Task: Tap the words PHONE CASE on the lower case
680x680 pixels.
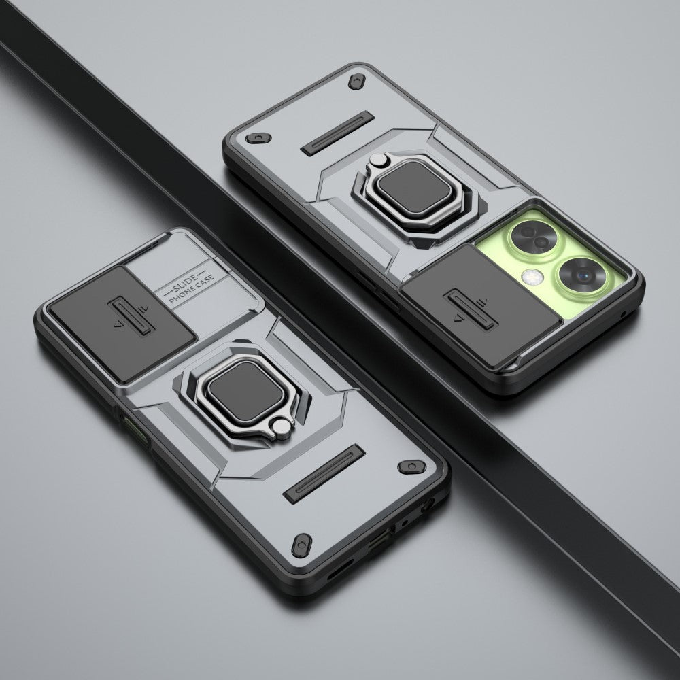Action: point(192,288)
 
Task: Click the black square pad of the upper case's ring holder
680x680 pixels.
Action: point(413,188)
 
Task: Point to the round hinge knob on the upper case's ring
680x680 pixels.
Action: point(377,160)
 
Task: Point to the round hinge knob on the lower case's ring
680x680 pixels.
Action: point(282,427)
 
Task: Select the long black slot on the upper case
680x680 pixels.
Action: point(337,133)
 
